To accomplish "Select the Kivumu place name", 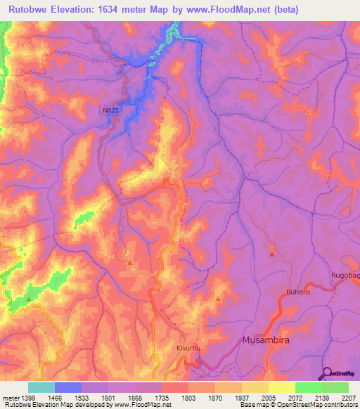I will coord(188,348).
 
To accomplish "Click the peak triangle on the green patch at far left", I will coord(29,299).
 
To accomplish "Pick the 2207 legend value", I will coord(349,398).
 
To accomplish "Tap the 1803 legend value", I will coord(188,398).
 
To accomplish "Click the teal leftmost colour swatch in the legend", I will coord(41,387).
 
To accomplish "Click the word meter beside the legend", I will coord(10,398).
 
